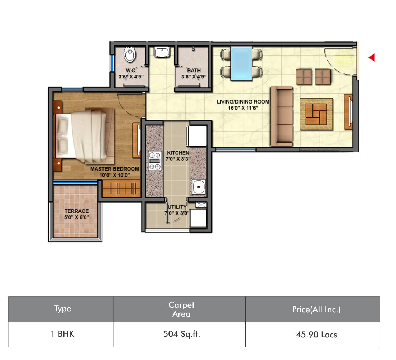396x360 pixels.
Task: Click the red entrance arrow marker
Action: tap(372, 58)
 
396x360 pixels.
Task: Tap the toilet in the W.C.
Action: tap(130, 54)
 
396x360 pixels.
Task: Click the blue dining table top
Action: tap(242, 63)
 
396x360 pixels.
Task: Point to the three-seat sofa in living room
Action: tap(282, 116)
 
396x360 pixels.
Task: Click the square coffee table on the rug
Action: tap(316, 114)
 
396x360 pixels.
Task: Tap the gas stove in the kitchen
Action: tap(155, 160)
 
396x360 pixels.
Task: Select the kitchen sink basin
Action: tap(199, 187)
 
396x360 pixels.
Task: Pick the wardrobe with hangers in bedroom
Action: tap(121, 188)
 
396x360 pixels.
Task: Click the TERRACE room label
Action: tap(77, 211)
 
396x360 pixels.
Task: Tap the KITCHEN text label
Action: tap(178, 153)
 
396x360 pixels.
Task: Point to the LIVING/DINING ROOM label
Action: tap(243, 102)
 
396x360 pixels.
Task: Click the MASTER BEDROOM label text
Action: tap(115, 169)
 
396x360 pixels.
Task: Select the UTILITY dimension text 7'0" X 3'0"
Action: tap(177, 213)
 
